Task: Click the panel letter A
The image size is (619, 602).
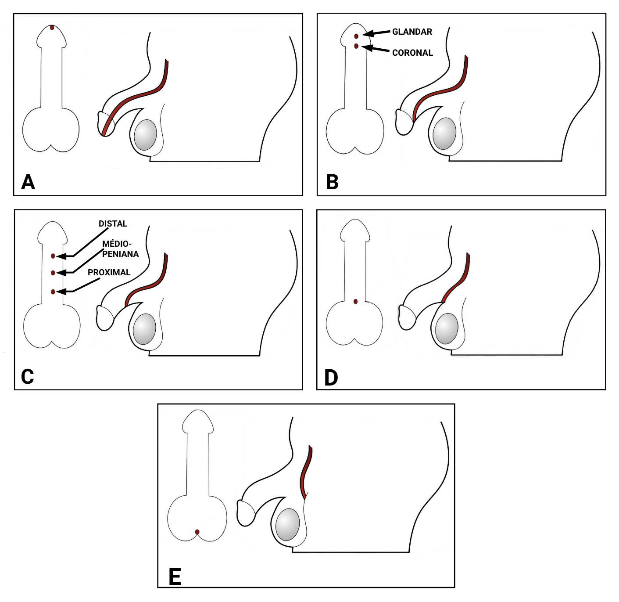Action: (28, 181)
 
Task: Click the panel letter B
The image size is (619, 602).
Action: (332, 182)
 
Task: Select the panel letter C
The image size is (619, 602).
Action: (27, 376)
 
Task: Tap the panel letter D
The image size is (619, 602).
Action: (331, 377)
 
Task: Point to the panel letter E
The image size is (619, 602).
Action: (175, 577)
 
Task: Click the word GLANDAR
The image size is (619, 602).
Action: (412, 32)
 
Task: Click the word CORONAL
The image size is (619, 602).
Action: (412, 53)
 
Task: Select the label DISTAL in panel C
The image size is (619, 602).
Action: (113, 223)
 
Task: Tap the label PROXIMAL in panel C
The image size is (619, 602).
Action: (109, 272)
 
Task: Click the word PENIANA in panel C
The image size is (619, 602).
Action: (120, 254)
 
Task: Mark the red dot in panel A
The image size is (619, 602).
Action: (52, 27)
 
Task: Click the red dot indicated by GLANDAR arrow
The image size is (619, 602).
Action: (356, 36)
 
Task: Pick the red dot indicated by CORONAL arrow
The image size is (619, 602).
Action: (356, 46)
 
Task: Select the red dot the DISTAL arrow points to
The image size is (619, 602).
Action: (53, 256)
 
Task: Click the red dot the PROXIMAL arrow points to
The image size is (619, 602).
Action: (53, 292)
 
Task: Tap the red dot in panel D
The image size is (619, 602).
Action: (355, 302)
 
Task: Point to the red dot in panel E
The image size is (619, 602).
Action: (197, 532)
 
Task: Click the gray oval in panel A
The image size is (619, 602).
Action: (145, 135)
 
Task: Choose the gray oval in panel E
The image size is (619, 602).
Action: (287, 525)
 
